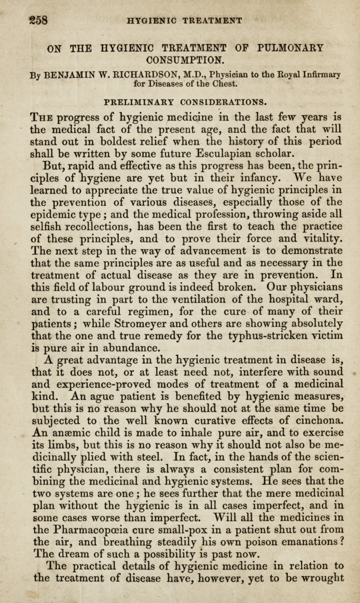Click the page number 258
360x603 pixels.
click(39, 21)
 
